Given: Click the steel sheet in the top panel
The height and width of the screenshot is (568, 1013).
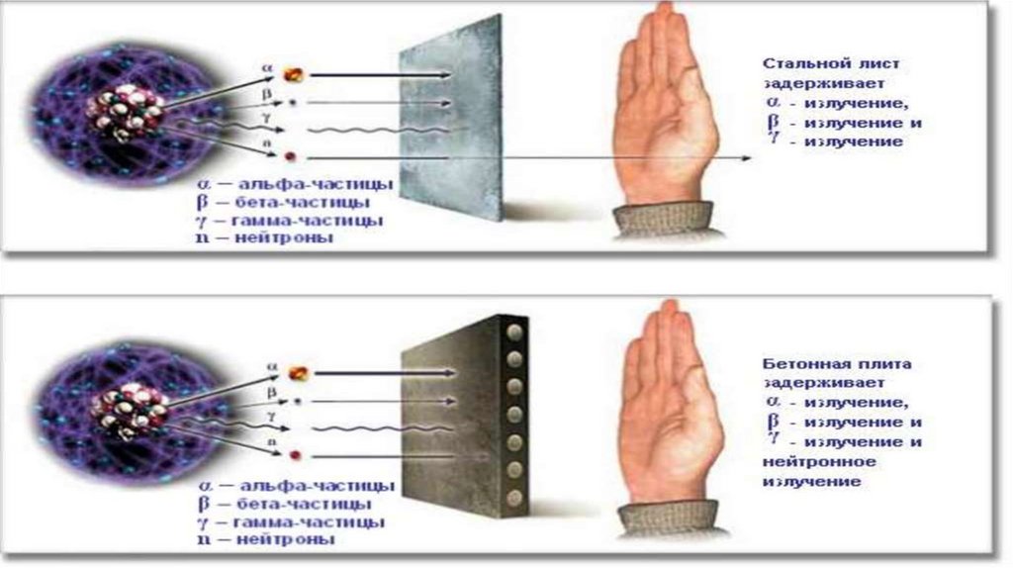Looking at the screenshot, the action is [450, 118].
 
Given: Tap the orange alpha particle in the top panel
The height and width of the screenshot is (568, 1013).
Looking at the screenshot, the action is [293, 75].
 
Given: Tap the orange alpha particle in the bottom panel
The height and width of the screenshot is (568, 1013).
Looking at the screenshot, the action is [299, 373].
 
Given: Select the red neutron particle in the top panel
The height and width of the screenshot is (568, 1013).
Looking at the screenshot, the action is [291, 157].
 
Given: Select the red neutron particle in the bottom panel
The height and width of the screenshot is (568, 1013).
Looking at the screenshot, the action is [295, 455].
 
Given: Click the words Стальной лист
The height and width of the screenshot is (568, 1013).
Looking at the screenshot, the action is [831, 63].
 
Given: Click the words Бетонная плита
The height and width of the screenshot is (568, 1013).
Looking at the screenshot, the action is [837, 364].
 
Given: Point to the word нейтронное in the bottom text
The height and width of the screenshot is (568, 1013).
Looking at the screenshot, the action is [819, 462].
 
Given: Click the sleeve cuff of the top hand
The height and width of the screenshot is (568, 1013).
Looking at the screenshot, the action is [663, 219].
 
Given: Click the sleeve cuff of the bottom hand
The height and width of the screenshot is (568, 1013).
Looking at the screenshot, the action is [669, 519].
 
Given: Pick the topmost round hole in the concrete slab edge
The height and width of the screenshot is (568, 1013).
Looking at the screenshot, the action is [514, 332].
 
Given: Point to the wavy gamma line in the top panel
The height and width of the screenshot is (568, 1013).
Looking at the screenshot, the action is [377, 130].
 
